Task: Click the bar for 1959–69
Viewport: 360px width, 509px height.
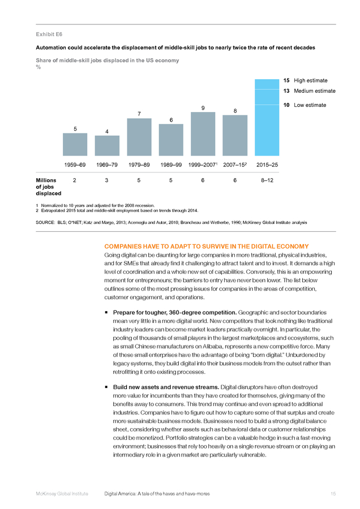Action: (x=75, y=144)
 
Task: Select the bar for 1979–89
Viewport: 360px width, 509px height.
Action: (x=139, y=137)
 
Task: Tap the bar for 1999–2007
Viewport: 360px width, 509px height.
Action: (x=203, y=133)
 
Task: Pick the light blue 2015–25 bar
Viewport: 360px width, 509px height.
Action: (x=267, y=118)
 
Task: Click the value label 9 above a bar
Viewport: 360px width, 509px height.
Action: (x=203, y=108)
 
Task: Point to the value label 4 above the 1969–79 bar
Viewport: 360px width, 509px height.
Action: (x=107, y=131)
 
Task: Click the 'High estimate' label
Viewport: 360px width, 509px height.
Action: (x=311, y=80)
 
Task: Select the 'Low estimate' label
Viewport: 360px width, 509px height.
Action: (x=310, y=105)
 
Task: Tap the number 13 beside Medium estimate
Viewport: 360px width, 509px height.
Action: (x=286, y=91)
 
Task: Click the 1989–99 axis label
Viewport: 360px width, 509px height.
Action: (x=171, y=165)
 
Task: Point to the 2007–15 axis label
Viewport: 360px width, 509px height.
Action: (x=235, y=165)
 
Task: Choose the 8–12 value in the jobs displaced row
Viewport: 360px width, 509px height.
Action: (x=267, y=180)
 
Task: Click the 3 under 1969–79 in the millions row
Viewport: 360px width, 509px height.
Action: (x=106, y=180)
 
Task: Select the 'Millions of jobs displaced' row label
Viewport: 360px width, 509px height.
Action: (x=49, y=187)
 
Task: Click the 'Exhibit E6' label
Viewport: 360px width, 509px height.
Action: (x=49, y=34)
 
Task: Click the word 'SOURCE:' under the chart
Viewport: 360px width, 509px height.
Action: (x=45, y=222)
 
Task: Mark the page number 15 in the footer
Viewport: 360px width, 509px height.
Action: (x=333, y=494)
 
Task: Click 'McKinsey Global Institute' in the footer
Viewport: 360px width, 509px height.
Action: (x=62, y=494)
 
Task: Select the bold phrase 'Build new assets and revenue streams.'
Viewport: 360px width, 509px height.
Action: (x=166, y=387)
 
